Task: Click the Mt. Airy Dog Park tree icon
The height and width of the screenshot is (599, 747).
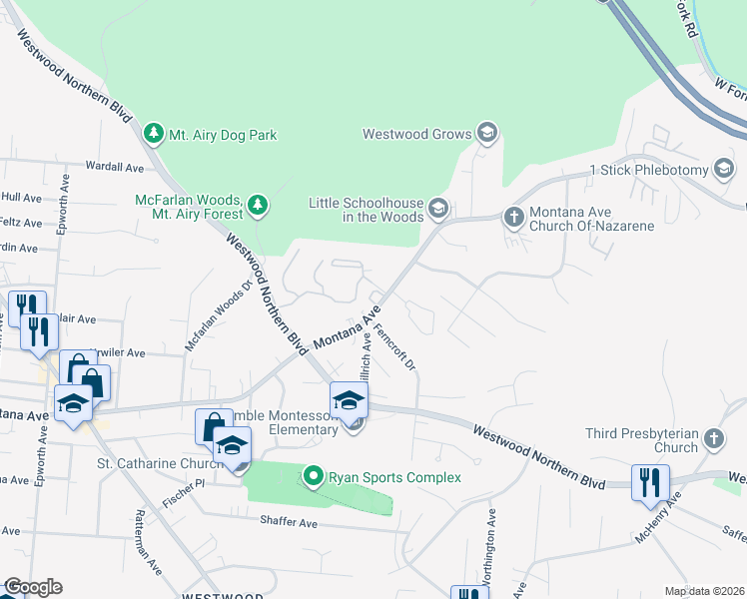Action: (153, 134)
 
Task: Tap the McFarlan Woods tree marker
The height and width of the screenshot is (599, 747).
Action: (258, 206)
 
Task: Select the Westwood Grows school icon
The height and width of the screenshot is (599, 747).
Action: (486, 133)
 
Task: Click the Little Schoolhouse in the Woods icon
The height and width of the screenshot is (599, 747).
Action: (437, 208)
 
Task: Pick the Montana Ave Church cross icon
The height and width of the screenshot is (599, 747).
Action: (513, 218)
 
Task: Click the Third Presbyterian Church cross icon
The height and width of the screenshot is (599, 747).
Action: (713, 438)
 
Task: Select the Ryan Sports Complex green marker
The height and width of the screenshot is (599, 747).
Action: (314, 477)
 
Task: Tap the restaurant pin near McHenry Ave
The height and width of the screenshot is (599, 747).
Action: (651, 482)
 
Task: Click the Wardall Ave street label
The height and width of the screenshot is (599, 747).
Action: (116, 167)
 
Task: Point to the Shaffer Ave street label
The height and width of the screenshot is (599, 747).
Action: (288, 522)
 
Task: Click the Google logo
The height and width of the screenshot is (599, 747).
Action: (33, 587)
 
